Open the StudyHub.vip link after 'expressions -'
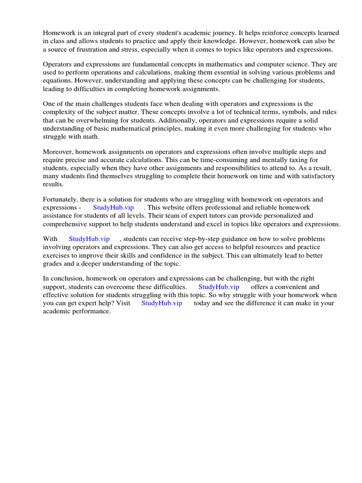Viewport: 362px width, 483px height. tap(113, 208)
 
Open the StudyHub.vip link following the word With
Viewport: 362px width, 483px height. tap(89, 240)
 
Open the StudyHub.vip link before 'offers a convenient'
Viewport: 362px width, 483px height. tap(219, 287)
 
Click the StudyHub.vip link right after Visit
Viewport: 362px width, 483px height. tap(162, 303)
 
